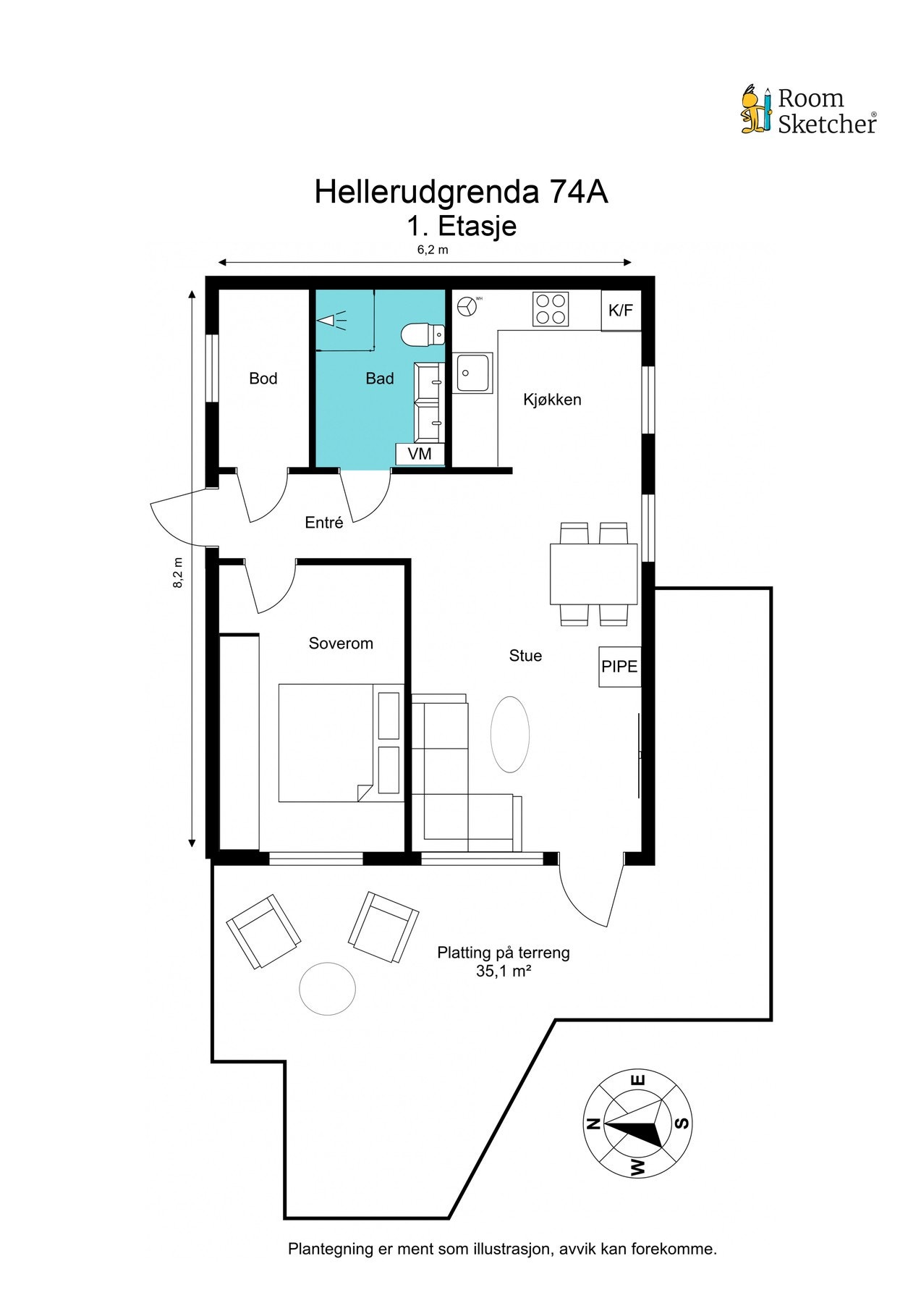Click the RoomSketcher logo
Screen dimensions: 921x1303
pos(808,110)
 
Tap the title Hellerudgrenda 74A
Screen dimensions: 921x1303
pos(461,193)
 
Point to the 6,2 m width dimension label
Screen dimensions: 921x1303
pos(432,250)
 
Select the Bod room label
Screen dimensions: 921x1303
pos(263,379)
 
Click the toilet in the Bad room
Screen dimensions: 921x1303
pos(423,334)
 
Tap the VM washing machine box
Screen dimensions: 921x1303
pos(420,454)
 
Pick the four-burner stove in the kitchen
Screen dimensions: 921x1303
pos(551,309)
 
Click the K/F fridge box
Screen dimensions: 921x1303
pos(621,311)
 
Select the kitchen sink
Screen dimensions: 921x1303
pos(473,373)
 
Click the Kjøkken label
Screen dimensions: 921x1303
pos(552,400)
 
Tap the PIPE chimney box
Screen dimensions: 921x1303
pos(620,667)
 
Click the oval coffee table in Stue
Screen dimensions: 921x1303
pos(510,735)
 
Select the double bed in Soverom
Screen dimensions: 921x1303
pos(341,743)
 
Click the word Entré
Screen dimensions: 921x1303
pos(324,523)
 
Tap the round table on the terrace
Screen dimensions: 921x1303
pos(328,988)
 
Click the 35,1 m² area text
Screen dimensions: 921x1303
pos(504,971)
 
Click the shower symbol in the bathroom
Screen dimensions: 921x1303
pos(331,319)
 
